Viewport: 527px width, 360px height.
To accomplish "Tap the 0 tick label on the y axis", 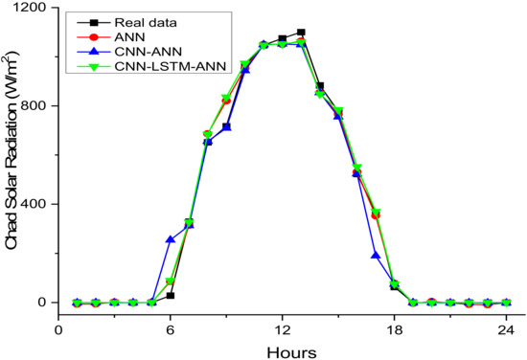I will (41, 303).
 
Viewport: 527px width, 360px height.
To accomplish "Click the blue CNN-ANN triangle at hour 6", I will (170, 239).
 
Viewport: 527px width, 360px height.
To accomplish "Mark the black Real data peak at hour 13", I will (301, 33).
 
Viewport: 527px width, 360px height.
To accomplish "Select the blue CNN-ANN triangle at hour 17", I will (376, 255).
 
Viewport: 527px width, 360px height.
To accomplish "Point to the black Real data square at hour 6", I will (170, 296).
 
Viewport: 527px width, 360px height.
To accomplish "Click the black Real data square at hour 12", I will (282, 39).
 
